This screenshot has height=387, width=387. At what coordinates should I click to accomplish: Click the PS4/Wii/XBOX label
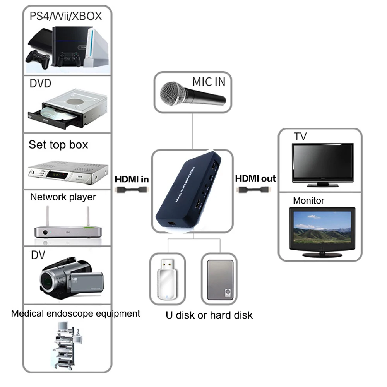[65, 16]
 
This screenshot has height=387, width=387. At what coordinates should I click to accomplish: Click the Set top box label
[58, 145]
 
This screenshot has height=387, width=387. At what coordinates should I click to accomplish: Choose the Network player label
[63, 197]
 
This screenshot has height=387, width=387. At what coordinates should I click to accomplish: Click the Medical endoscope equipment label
[75, 313]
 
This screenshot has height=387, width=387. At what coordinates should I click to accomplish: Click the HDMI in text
[132, 179]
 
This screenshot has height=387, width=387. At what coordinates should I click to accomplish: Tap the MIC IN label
[209, 82]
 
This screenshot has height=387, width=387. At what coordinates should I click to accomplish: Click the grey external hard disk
[220, 279]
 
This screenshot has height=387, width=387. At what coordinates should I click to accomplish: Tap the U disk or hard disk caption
[209, 315]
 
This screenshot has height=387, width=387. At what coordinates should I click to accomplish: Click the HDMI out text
[255, 178]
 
